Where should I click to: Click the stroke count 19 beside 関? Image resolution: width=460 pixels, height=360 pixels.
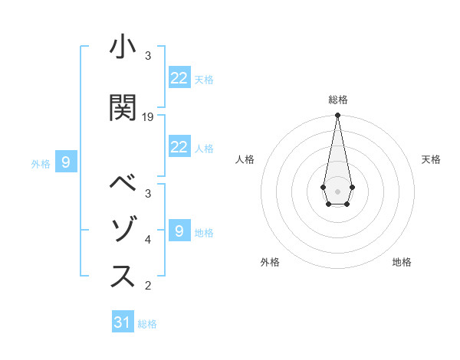coord(148,116)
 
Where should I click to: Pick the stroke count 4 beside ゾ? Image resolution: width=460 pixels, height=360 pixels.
coord(148,240)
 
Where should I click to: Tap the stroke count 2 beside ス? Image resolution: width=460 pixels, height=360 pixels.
coord(148,286)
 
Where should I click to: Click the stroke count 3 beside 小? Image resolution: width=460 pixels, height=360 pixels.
coord(148,55)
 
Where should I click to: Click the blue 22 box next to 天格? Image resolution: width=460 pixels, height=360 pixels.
coord(179,77)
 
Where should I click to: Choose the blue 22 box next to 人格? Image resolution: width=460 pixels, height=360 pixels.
coord(179,147)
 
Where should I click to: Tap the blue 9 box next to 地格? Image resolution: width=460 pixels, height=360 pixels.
coord(179,231)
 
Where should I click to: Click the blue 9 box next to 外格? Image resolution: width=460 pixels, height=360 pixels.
coord(66,162)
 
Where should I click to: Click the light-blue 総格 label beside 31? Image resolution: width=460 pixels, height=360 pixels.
coord(147,324)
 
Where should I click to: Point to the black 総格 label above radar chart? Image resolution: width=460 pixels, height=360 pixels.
coord(337,100)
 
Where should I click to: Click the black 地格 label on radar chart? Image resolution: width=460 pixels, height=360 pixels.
coord(402,262)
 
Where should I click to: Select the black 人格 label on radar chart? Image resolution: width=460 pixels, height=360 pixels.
coord(245,159)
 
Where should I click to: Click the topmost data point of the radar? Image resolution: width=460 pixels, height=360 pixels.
coord(337,116)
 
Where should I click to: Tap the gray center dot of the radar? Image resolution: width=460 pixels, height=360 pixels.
coord(337,190)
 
